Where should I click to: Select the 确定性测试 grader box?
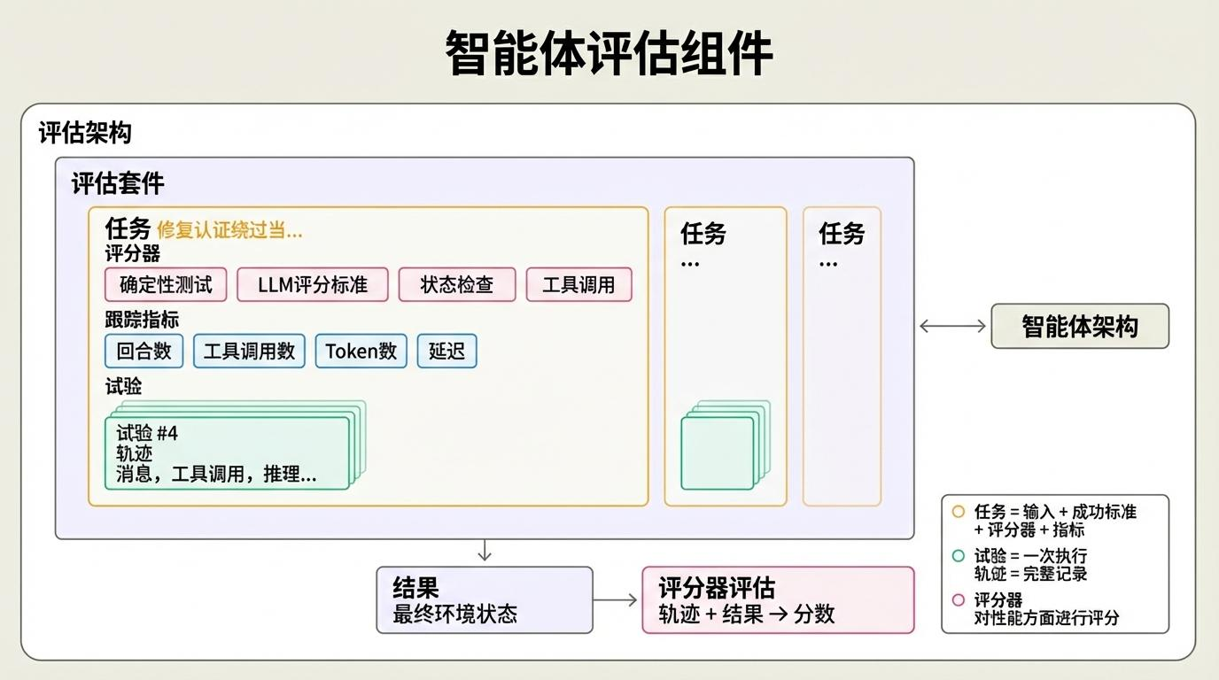[166, 285]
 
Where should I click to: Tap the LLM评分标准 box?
[312, 285]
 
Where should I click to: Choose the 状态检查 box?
[456, 285]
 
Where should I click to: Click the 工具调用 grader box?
[578, 285]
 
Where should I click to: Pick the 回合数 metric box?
[144, 351]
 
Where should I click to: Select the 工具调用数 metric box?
[249, 351]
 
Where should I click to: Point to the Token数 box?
[361, 351]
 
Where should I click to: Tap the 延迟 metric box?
[446, 351]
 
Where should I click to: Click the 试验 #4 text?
[147, 433]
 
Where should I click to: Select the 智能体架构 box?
[1079, 326]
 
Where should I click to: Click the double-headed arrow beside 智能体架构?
[952, 326]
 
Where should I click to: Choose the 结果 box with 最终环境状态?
[484, 600]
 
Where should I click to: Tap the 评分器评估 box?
[777, 600]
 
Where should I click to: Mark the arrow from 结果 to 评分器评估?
[616, 600]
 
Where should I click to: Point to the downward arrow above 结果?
[484, 551]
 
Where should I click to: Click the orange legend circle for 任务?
[958, 511]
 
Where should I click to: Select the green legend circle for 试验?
[958, 556]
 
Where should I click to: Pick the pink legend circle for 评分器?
[958, 599]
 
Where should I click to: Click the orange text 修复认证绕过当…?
[229, 230]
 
